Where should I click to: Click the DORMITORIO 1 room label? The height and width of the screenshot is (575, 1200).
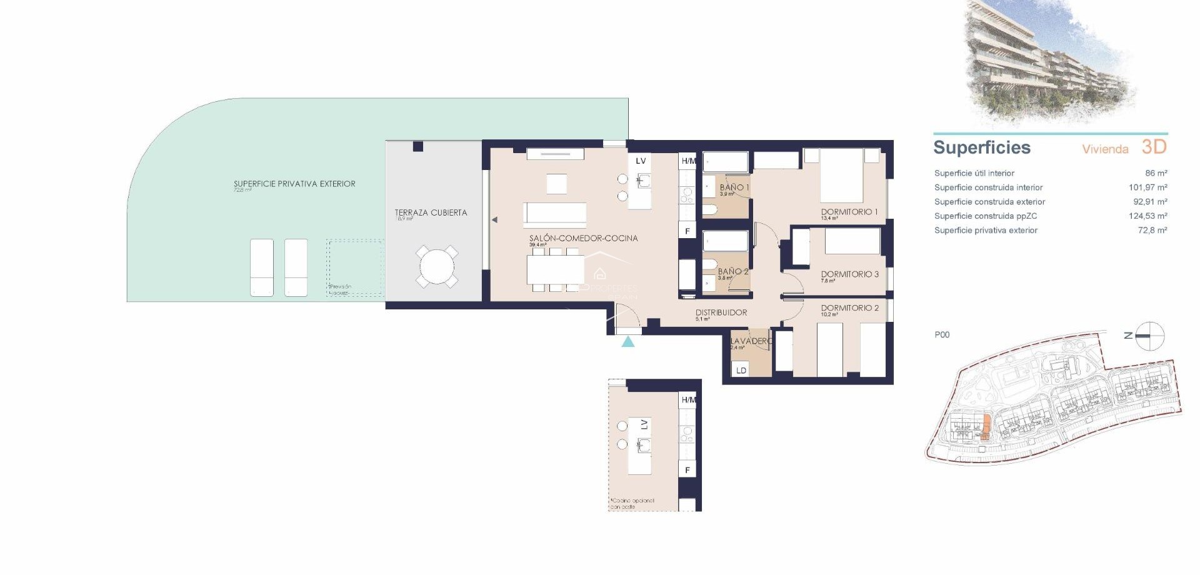pos(849,212)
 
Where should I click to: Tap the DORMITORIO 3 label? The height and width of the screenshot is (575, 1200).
pos(849,274)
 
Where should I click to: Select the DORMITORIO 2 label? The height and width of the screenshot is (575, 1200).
pos(849,308)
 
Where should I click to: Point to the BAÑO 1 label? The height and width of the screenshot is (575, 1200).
pos(734,187)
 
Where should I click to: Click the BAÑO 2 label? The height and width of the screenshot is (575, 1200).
pos(732,272)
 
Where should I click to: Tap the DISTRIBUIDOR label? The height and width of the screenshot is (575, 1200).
pos(721,312)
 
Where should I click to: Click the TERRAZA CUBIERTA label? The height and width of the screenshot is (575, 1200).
pos(431,212)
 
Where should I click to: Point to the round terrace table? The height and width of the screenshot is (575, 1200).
pos(437,267)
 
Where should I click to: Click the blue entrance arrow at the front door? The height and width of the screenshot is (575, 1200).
pos(628,341)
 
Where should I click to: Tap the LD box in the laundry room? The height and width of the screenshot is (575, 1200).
pos(741,370)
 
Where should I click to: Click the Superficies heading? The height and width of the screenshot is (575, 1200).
pos(981,147)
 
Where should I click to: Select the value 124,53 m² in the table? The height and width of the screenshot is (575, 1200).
pos(1147,216)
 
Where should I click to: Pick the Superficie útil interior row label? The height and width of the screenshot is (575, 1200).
pos(974,173)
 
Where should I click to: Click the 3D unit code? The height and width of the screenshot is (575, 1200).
pos(1154,147)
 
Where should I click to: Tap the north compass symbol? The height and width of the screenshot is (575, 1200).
pos(1149,336)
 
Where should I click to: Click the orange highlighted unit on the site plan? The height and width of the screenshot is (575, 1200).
pos(986,428)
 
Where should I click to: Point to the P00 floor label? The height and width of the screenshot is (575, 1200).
pos(942,335)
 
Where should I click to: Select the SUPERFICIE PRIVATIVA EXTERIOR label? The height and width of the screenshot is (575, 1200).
pos(294,184)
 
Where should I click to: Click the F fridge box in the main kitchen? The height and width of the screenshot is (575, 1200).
pos(687,231)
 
